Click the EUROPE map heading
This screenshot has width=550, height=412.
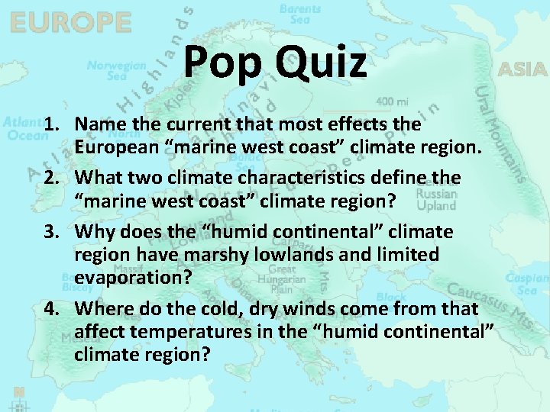[70, 23]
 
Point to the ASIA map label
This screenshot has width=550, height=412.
[522, 70]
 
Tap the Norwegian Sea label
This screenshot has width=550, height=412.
[116, 70]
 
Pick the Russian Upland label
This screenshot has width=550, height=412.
[437, 200]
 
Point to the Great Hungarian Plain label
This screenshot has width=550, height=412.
[282, 278]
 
